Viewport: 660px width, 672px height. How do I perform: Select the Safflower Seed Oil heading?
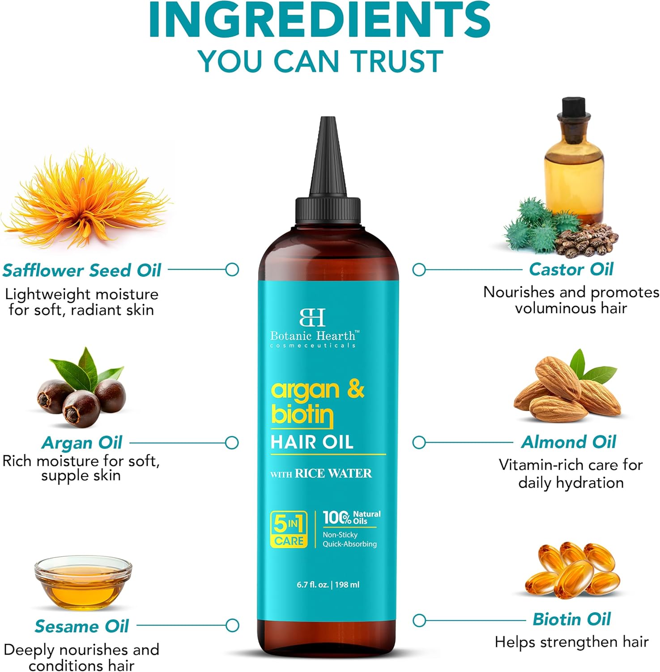pos(82,271)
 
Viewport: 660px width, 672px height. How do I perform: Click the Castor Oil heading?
pos(571,269)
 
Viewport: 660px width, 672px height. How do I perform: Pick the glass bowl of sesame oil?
pos(83,582)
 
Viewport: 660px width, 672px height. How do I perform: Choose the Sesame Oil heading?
pos(82,626)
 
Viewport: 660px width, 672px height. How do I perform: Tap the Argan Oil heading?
pos(82,443)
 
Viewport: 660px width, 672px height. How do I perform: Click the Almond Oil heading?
pos(569,442)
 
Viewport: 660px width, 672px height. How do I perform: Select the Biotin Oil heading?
pos(571,620)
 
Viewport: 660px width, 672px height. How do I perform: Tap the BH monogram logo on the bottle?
pos(312,317)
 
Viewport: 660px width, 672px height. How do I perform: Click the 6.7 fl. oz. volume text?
pos(312,585)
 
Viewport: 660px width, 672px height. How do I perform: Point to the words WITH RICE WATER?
pos(321,474)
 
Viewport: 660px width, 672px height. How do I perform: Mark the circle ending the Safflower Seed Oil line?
pos(232,270)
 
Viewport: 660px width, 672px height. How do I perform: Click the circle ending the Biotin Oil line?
pos(419,620)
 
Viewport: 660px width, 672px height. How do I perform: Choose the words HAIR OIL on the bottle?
pos(312,442)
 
